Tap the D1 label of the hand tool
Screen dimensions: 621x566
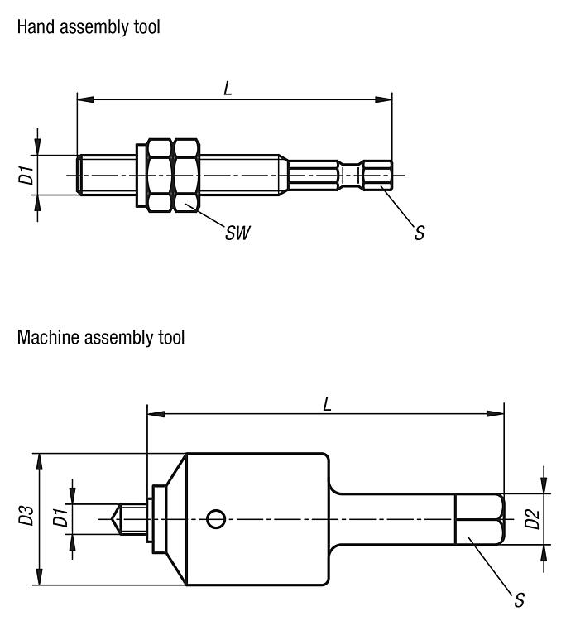[26, 175]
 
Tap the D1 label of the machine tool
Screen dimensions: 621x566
[60, 518]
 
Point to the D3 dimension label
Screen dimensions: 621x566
[26, 519]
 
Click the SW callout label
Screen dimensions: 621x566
[237, 233]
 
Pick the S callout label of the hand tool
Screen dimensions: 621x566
[420, 233]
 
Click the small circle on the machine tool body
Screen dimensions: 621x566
[216, 519]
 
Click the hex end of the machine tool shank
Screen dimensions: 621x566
[479, 519]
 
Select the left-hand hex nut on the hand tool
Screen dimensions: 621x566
[159, 175]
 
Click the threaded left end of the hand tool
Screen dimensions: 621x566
[104, 175]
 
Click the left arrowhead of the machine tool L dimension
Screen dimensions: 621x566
[153, 412]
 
